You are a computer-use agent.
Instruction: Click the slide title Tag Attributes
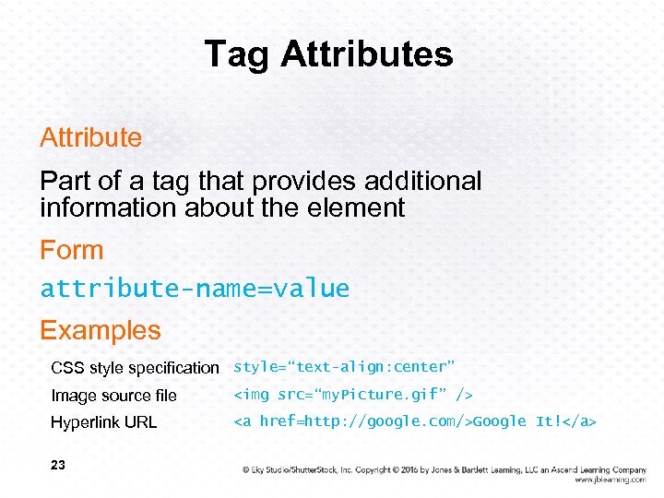tap(328, 53)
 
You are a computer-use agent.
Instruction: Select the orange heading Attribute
tap(90, 138)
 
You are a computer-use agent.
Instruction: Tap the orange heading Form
tap(71, 250)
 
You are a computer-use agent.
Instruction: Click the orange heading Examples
tap(100, 330)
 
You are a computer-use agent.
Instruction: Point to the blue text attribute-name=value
tap(195, 289)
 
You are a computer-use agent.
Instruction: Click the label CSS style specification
tap(135, 368)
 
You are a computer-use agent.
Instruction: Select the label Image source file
tap(113, 396)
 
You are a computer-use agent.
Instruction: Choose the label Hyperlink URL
tap(103, 422)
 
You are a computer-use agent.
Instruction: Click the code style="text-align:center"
tap(344, 367)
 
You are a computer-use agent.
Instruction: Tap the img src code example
tap(353, 395)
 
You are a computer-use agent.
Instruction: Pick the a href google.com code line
tap(415, 421)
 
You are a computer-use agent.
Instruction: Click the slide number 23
tap(58, 466)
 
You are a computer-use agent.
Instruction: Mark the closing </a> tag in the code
tap(579, 421)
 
